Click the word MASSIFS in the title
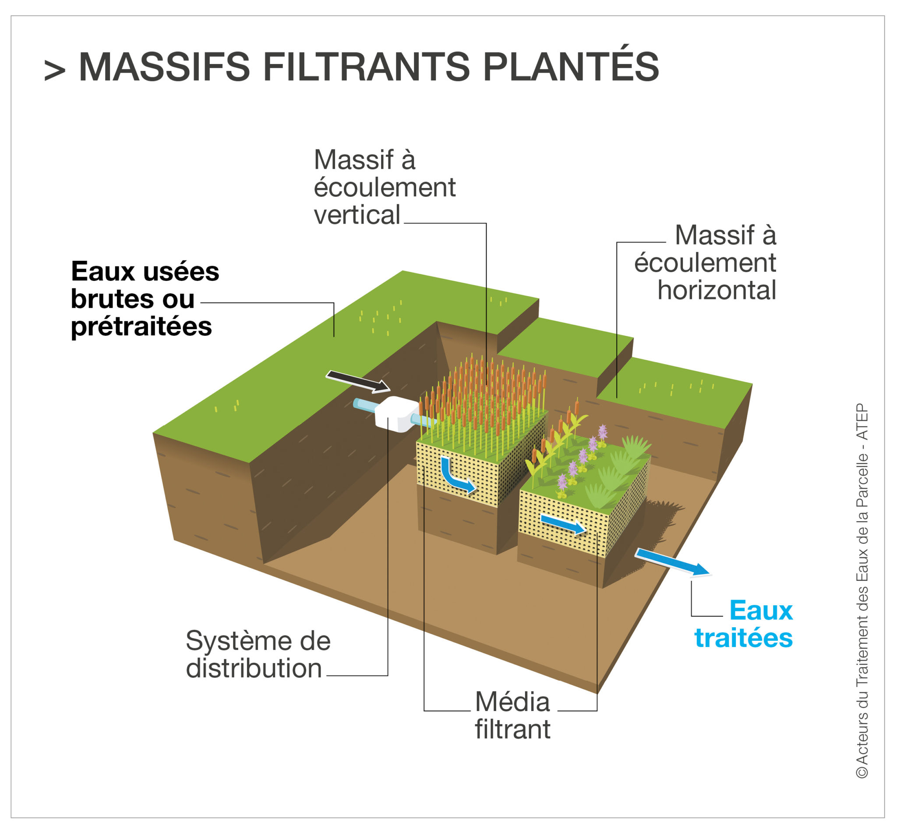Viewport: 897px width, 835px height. coord(164,67)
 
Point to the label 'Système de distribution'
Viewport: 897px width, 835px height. coord(258,654)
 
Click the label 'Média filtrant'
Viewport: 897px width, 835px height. coord(512,716)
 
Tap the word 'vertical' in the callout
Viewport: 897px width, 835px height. coord(357,214)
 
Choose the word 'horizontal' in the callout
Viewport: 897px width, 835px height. coord(717,290)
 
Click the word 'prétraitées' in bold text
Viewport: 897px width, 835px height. coord(141,327)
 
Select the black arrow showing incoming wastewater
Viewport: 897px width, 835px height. coord(358,381)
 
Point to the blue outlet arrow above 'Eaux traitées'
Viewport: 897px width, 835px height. coord(672,562)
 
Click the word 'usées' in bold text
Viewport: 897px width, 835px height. coord(181,272)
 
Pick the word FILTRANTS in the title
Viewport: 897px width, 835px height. coord(367,67)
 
